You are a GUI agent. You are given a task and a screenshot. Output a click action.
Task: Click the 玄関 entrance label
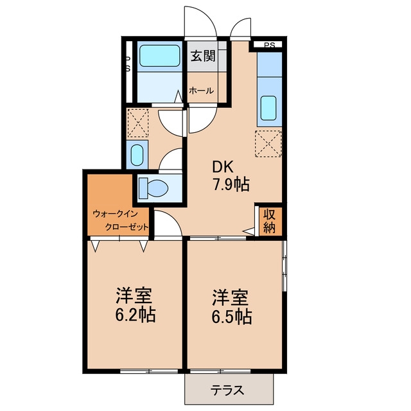pyautogui.click(x=203, y=56)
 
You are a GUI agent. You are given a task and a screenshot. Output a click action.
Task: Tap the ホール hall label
pyautogui.click(x=201, y=91)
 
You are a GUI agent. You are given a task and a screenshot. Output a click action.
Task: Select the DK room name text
pyautogui.click(x=223, y=167)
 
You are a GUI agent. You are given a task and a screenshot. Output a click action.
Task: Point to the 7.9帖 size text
pyautogui.click(x=231, y=184)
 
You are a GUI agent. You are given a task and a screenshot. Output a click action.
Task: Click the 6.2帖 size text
pyautogui.click(x=136, y=314)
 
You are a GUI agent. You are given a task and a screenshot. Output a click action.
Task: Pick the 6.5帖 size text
pyautogui.click(x=232, y=317)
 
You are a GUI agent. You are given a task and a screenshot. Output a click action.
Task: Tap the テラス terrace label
pyautogui.click(x=227, y=390)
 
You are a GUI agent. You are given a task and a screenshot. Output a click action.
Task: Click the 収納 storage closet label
pyautogui.click(x=270, y=221)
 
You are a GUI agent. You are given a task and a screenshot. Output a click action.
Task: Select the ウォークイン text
pyautogui.click(x=116, y=214)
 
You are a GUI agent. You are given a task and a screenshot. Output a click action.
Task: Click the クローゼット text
pyautogui.click(x=127, y=227)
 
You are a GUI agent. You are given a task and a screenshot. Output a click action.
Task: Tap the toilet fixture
pyautogui.click(x=153, y=188)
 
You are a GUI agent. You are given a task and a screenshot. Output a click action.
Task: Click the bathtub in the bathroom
pyautogui.click(x=159, y=56)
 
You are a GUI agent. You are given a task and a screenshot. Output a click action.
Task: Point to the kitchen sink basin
pyautogui.click(x=268, y=108)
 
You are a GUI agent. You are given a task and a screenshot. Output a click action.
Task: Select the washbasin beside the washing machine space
pyautogui.click(x=137, y=155)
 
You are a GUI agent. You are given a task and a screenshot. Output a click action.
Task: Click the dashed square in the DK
pyautogui.click(x=268, y=144)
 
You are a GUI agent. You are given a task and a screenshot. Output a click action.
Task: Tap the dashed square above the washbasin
pyautogui.click(x=137, y=123)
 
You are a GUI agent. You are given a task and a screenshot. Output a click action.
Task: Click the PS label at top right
pyautogui.click(x=270, y=46)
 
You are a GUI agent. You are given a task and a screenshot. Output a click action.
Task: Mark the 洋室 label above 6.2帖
pyautogui.click(x=134, y=295)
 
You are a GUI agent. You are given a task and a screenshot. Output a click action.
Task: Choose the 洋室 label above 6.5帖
pyautogui.click(x=230, y=298)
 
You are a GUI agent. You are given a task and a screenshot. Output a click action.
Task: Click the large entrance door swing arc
pyautogui.click(x=207, y=15)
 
